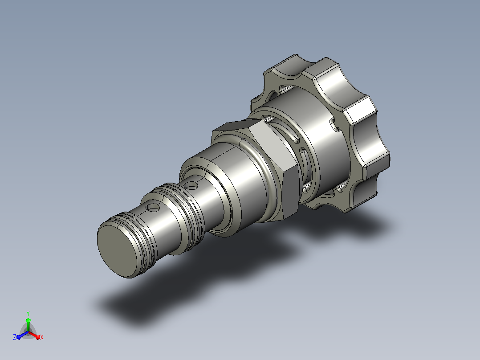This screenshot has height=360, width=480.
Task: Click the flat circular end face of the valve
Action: [118, 249]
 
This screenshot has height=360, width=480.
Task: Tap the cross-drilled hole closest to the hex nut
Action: [192, 185]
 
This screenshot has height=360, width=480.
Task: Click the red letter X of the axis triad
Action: [42, 337]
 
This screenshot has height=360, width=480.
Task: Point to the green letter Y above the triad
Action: [28, 313]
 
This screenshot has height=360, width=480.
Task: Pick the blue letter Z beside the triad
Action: [15, 337]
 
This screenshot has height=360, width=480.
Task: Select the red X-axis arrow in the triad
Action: [34, 335]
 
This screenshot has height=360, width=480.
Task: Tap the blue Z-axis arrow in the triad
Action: [22, 335]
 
